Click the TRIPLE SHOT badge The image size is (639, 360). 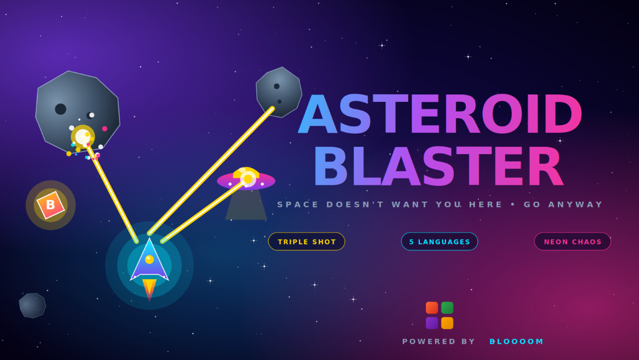pos(306,241)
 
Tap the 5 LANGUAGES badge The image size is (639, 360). pos(439,241)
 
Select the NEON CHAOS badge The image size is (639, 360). pos(572,241)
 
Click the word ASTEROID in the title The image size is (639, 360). pos(439,114)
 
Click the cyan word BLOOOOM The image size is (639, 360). pos(516,342)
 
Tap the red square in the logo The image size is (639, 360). pos(431,308)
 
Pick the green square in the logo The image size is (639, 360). pos(447,308)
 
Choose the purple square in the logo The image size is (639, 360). pos(431,323)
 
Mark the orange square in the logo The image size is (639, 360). pos(447,323)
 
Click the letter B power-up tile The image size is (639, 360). pos(51,205)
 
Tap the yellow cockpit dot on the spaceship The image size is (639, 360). pos(149,259)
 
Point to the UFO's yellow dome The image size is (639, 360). pos(246,173)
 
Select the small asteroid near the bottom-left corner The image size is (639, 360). pos(32,305)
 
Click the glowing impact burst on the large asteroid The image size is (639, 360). pos(83,137)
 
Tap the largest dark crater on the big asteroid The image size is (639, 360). pos(61,109)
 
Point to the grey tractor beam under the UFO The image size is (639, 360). pos(246,204)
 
